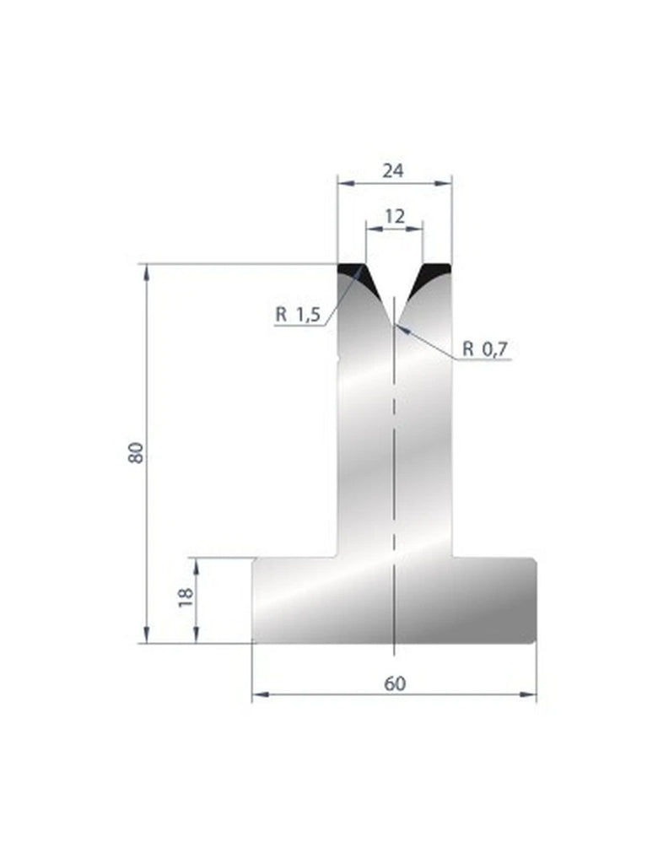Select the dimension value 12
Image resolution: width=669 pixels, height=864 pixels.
click(394, 215)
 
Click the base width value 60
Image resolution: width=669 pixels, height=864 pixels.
click(394, 683)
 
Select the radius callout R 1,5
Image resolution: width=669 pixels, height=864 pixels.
click(297, 316)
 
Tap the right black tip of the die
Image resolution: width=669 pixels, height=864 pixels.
click(438, 270)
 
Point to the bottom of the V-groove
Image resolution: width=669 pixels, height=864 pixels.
click(394, 323)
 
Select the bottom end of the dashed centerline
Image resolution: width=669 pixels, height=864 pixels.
click(395, 654)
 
